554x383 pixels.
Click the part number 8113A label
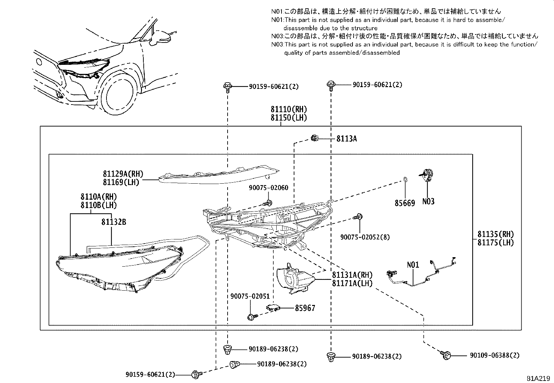click(346, 139)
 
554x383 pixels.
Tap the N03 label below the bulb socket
click(428, 201)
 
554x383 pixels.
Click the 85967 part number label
click(305, 308)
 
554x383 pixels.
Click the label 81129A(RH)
click(123, 174)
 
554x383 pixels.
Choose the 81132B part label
click(114, 222)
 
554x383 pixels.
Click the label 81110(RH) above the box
click(289, 109)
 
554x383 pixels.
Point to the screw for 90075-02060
click(268, 202)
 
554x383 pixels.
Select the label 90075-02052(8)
click(365, 237)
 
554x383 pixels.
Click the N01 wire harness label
click(413, 265)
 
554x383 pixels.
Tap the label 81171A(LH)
click(352, 283)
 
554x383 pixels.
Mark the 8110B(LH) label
click(98, 205)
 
